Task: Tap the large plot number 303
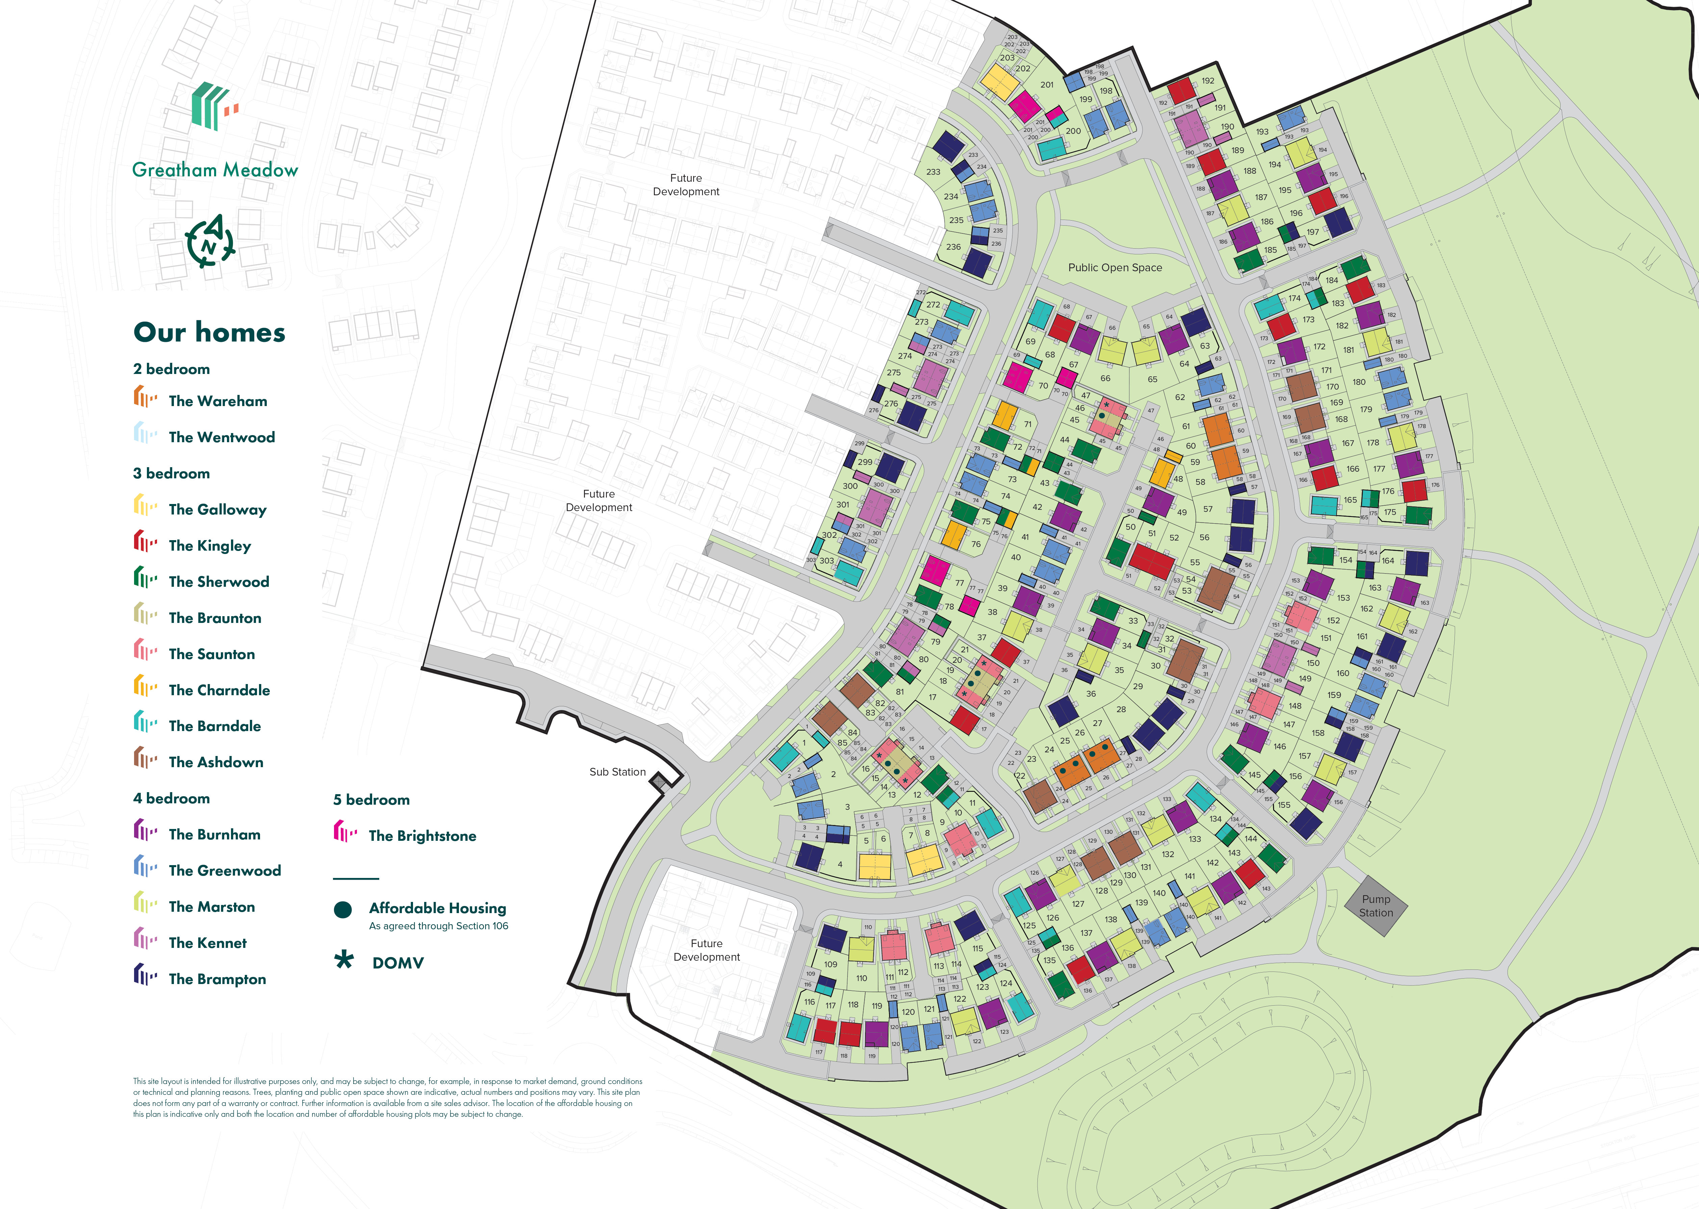(x=827, y=560)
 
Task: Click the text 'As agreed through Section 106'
(x=438, y=926)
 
